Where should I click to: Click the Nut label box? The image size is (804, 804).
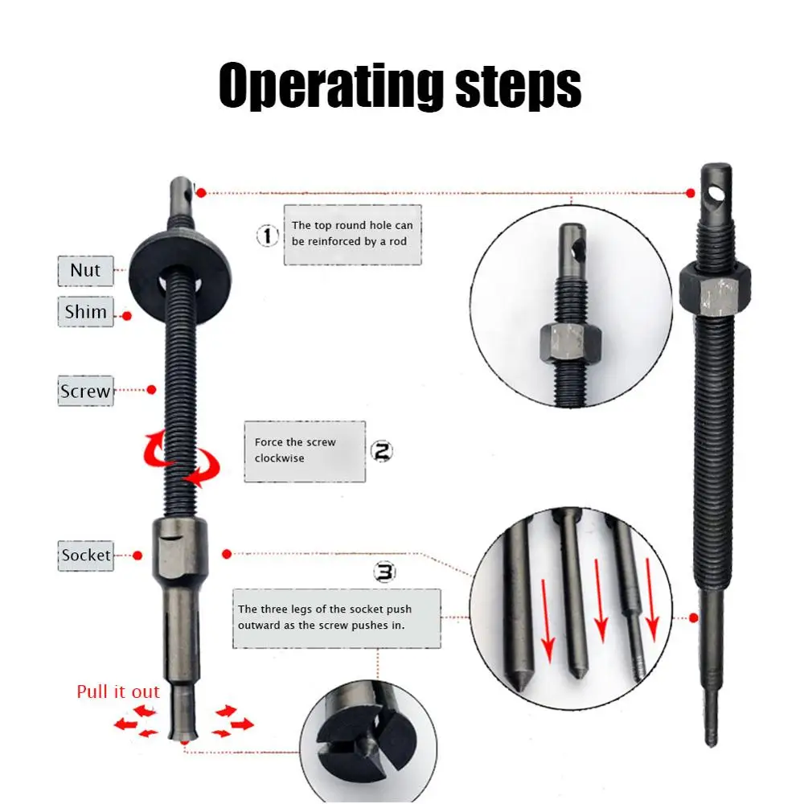click(x=85, y=270)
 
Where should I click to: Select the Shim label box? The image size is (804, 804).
click(x=85, y=311)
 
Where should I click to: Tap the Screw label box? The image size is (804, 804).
click(x=85, y=392)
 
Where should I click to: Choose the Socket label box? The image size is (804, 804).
click(x=86, y=555)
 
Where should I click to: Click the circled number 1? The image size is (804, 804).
click(x=268, y=236)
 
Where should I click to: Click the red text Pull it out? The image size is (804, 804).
click(x=118, y=691)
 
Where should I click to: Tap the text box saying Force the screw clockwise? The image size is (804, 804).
click(x=305, y=451)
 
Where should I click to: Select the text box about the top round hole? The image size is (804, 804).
click(x=351, y=234)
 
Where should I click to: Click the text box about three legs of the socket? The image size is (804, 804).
click(x=337, y=617)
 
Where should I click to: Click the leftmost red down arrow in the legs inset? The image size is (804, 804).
click(x=548, y=620)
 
